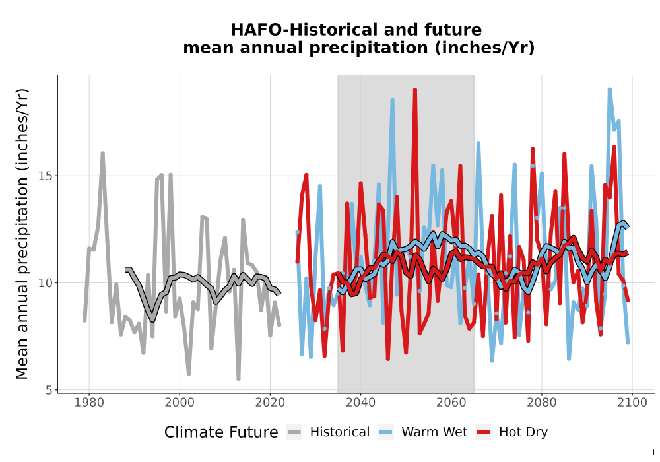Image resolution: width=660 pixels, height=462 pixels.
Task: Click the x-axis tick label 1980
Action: click(89, 403)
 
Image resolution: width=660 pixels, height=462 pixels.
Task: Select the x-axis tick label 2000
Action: click(180, 403)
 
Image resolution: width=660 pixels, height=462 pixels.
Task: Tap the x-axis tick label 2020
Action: click(270, 403)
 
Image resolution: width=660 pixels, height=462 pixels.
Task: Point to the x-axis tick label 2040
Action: click(360, 403)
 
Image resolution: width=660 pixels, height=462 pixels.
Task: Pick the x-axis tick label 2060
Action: click(451, 403)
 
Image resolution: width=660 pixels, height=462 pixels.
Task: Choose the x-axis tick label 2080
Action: click(541, 403)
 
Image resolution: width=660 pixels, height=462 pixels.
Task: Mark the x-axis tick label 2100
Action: click(632, 403)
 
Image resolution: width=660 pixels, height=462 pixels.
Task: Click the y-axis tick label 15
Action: click(46, 176)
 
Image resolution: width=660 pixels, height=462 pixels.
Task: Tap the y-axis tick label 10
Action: click(46, 282)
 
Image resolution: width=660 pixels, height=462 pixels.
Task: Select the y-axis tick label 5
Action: click(49, 391)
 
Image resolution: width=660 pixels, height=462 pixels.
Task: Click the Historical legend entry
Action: click(328, 432)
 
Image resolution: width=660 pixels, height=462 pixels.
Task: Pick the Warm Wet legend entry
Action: click(422, 432)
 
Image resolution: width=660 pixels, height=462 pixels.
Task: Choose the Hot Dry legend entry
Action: click(512, 432)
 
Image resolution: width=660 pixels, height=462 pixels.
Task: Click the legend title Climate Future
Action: click(221, 432)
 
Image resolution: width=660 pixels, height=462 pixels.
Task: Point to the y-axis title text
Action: click(22, 234)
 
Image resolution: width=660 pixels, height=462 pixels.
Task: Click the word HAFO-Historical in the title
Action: click(299, 30)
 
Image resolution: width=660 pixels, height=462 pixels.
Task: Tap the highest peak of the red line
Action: click(415, 90)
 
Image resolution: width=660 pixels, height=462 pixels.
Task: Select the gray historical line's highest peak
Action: click(102, 154)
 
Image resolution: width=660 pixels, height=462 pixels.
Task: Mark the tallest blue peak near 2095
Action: click(609, 90)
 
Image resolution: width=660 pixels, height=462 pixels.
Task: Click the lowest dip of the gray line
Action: click(238, 379)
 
